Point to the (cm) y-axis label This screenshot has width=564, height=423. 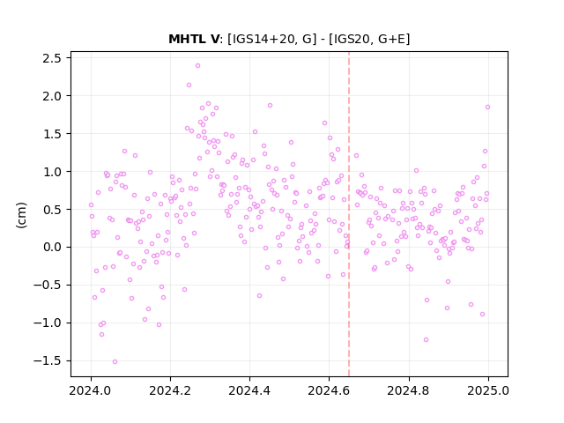(21, 215)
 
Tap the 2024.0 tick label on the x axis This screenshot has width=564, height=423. (91, 390)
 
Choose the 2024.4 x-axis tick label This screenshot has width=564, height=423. (249, 390)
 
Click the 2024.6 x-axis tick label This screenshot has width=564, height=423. (329, 390)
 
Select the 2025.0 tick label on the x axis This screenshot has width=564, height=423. (488, 390)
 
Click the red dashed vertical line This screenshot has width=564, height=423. (349, 214)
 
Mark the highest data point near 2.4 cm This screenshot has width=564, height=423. (197, 66)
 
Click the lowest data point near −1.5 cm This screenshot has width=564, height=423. (115, 362)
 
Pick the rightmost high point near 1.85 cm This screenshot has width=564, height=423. (487, 108)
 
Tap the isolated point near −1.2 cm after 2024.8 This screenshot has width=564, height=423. (426, 340)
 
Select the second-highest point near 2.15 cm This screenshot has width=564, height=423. (189, 85)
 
